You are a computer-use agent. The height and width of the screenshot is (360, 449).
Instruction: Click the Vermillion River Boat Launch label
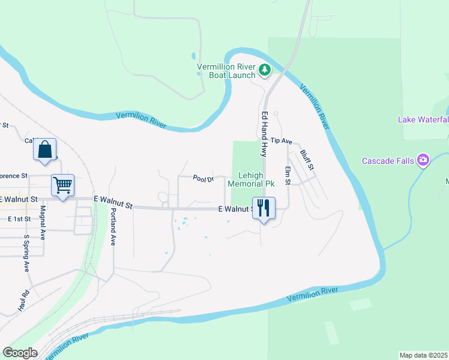227,71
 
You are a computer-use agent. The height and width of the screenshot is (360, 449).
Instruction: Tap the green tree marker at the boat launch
264,71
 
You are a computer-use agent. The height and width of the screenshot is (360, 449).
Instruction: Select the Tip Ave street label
281,141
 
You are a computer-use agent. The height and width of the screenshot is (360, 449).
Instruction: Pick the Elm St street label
288,175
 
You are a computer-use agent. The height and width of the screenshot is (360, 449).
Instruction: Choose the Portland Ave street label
112,227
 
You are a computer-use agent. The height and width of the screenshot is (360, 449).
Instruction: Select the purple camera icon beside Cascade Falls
423,160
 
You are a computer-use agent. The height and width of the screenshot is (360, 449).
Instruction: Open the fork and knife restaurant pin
264,208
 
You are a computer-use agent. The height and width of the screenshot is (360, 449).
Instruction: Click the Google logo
20,353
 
